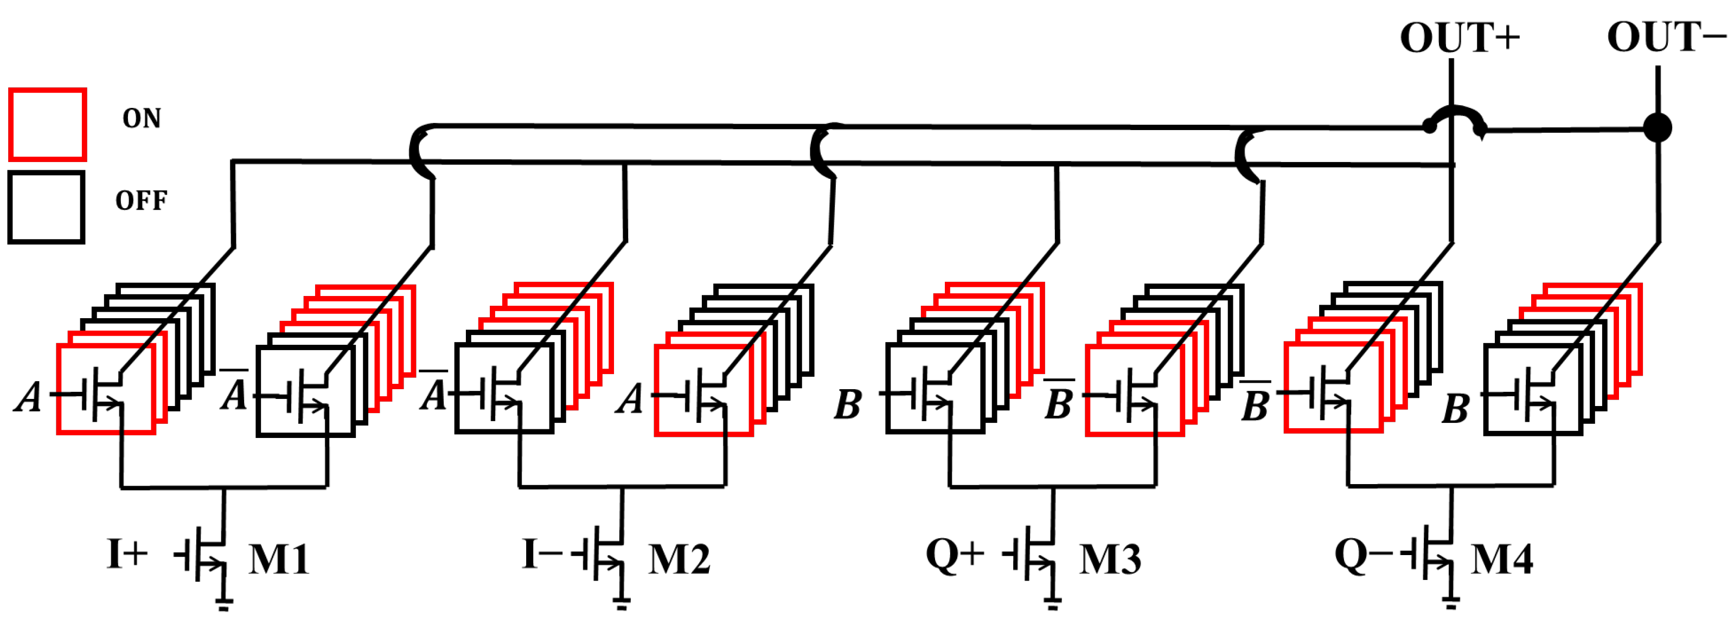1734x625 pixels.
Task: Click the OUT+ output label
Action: point(1460,38)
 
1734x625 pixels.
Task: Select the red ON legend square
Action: point(47,125)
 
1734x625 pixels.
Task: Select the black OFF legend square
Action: point(46,207)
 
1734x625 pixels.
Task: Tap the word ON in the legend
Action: point(142,118)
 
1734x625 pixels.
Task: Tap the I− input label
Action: point(542,555)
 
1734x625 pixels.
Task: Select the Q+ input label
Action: point(955,556)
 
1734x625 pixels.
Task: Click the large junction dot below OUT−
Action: point(1658,128)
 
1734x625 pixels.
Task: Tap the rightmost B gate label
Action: point(1455,408)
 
